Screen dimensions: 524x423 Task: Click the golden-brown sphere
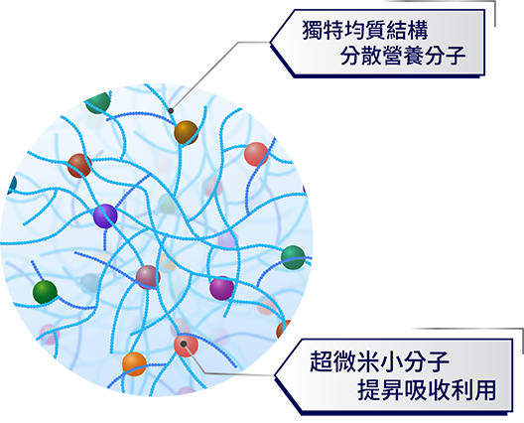(187, 133)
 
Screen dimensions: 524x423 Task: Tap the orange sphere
(134, 364)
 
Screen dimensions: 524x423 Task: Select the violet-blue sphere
(105, 216)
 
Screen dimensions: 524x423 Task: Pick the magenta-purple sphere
(222, 288)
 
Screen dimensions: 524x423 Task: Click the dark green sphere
(45, 292)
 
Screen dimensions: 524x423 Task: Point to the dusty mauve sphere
(148, 278)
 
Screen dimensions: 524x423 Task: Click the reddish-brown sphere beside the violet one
(79, 166)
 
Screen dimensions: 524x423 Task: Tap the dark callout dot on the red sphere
(184, 344)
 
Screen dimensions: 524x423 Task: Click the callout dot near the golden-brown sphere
(171, 110)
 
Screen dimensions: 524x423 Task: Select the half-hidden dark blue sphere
(12, 185)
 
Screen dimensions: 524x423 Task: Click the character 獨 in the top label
(313, 30)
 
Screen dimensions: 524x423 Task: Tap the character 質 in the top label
(375, 30)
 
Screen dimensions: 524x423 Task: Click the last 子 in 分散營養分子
(456, 56)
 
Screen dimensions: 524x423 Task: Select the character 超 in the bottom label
(321, 361)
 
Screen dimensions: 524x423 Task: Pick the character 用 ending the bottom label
(485, 390)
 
